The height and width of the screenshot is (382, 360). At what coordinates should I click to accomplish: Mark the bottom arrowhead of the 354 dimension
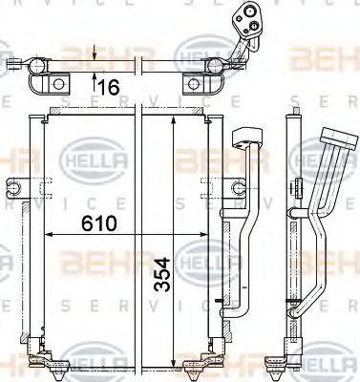tap(172, 367)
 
